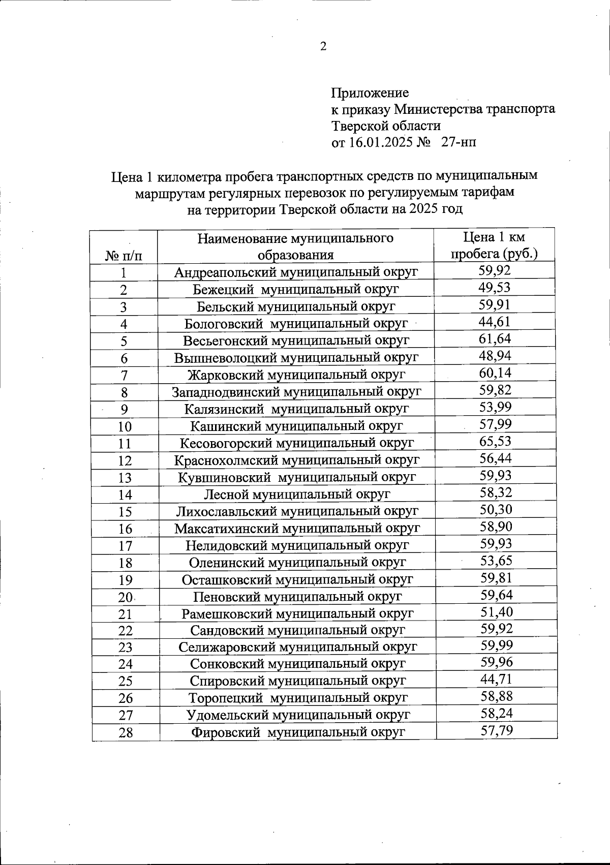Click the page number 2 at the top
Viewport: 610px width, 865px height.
tap(323, 47)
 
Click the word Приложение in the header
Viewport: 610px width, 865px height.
tap(370, 93)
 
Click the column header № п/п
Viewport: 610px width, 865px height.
tap(124, 255)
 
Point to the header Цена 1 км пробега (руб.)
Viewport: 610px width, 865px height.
tap(494, 245)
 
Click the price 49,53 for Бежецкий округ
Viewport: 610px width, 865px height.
tap(495, 288)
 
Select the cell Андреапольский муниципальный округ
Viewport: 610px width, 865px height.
tap(296, 272)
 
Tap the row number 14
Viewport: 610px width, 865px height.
tap(125, 495)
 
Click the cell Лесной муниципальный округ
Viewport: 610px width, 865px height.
tap(297, 493)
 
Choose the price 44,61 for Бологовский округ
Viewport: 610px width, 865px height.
tap(495, 322)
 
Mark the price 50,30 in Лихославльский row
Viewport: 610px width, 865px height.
tap(496, 509)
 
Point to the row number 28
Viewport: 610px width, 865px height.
tap(126, 733)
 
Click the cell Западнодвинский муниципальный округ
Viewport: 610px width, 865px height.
tap(296, 392)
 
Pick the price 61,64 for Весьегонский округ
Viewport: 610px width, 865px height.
tap(495, 338)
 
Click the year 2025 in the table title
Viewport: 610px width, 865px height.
tap(421, 209)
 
